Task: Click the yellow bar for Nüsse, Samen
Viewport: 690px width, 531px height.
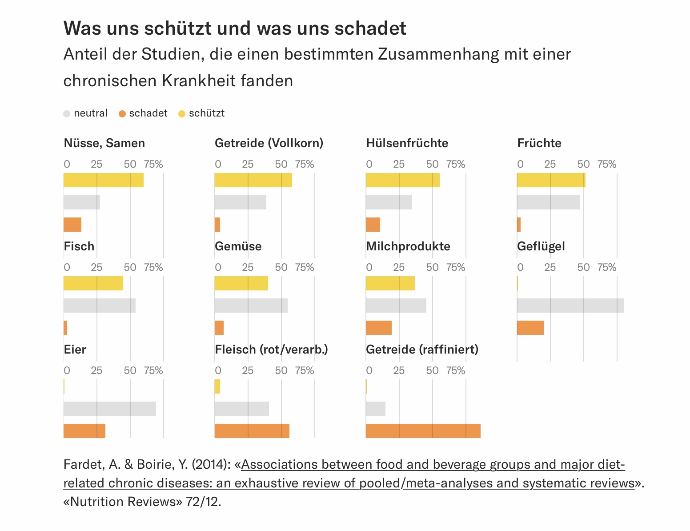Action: pos(104,180)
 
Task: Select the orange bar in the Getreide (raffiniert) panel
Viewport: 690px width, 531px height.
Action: pos(423,431)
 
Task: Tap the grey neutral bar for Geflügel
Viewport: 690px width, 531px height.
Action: pos(570,306)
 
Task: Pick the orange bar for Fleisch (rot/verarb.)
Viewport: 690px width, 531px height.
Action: pos(252,431)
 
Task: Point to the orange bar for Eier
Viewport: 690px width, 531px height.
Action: pos(84,431)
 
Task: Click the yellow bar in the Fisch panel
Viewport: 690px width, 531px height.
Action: pos(93,283)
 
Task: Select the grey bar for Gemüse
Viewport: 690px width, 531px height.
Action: pos(251,306)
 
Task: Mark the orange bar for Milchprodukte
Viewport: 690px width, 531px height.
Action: pos(378,328)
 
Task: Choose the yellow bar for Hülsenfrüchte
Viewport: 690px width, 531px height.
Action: pos(402,180)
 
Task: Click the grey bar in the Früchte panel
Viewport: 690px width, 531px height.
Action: pos(548,202)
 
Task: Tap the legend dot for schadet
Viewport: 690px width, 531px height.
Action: pos(122,114)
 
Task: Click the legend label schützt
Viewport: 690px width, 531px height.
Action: pos(206,113)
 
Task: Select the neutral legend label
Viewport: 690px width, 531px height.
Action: pos(91,113)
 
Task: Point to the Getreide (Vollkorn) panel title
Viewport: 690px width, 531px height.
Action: pos(269,143)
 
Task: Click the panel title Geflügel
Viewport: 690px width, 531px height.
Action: pos(541,246)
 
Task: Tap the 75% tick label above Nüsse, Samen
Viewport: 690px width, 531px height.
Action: pos(153,165)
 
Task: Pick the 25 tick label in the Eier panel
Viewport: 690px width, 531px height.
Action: pos(96,371)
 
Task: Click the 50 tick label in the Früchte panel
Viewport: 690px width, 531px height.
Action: pos(583,165)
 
